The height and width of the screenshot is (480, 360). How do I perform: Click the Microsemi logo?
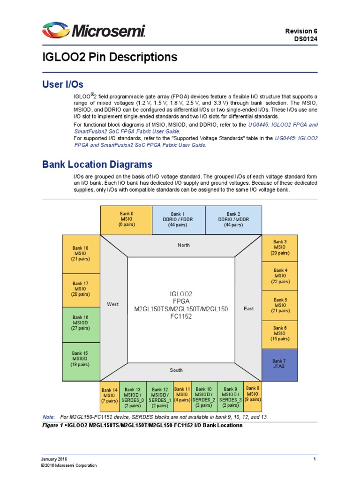coord(94,31)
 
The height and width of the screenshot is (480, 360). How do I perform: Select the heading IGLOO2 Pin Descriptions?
coord(110,57)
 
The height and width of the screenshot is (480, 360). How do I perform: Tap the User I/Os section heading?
coord(63,84)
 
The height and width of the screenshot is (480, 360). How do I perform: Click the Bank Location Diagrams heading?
coord(97,165)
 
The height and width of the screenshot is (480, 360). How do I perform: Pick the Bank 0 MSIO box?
coord(127,219)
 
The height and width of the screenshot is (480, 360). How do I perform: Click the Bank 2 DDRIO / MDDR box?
coord(233,219)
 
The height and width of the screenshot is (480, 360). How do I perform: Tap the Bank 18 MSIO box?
coord(81,254)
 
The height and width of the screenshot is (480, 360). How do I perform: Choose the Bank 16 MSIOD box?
coord(81,322)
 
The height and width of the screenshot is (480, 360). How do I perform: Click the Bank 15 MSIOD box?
coord(81,359)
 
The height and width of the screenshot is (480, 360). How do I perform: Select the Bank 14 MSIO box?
coord(110,395)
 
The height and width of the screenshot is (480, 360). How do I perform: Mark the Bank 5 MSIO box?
coord(279,306)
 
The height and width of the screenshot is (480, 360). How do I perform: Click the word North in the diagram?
coord(184,245)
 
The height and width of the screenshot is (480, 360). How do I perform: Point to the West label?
coord(113,304)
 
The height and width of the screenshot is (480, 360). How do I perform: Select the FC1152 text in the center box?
coord(181,316)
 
